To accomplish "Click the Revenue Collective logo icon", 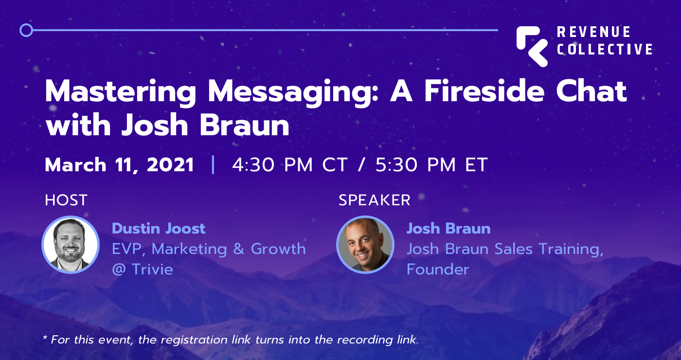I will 532,46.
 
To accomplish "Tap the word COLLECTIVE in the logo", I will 605,49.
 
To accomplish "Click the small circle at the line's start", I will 26,30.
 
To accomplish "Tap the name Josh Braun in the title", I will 205,126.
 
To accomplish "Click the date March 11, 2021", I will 120,165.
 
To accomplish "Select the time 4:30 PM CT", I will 290,165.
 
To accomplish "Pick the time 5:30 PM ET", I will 431,165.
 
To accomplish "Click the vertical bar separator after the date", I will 213,165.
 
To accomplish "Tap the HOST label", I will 66,200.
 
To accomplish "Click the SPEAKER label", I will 375,200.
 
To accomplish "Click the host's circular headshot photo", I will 71,244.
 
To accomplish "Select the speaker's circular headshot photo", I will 365,244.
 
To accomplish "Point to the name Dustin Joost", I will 159,228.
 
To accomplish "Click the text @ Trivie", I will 143,269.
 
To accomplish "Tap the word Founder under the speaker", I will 438,269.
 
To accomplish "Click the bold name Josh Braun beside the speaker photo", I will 448,228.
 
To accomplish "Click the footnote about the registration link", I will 231,340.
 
